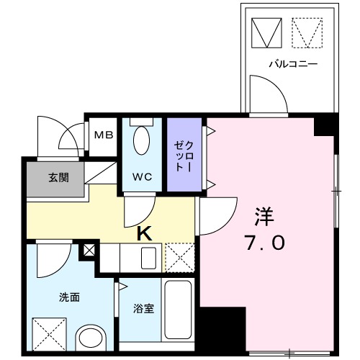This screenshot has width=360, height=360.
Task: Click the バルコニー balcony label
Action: coord(293,64)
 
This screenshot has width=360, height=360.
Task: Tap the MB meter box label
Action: coord(104,135)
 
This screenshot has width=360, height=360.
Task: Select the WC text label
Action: coord(142,176)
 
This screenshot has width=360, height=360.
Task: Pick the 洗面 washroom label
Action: coord(69,297)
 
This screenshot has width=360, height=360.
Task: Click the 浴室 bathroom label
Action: coord(143,309)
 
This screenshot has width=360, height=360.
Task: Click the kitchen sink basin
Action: coord(150,257)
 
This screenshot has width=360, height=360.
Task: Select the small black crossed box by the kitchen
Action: coord(89,251)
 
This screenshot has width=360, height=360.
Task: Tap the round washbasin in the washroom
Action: coord(91,339)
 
